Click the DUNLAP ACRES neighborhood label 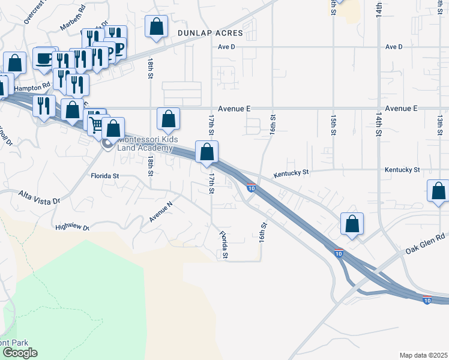[209, 33]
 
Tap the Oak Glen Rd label [424, 242]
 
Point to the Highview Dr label [71, 227]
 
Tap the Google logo [19, 353]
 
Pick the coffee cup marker [44, 58]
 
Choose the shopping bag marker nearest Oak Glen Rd [352, 223]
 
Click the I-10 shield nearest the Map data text [426, 300]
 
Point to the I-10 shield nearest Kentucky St [252, 188]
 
